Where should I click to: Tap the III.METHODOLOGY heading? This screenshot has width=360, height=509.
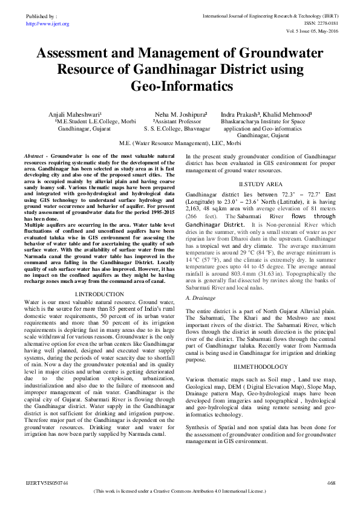coord(260,367)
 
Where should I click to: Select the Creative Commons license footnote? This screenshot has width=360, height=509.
coord(180,492)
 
